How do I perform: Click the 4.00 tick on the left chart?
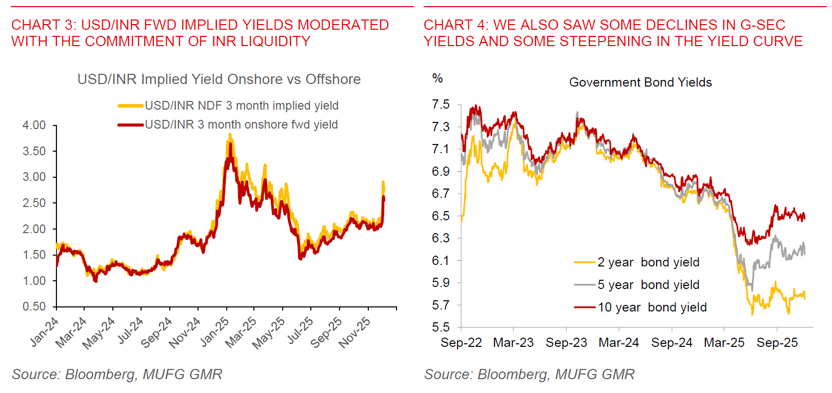[34, 125]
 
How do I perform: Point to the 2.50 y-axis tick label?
[34, 203]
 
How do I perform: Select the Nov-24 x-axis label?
[185, 333]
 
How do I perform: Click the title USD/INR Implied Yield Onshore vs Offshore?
[219, 79]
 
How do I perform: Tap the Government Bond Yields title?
[640, 82]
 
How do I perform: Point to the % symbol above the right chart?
[438, 78]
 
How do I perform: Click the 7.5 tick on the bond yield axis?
[441, 105]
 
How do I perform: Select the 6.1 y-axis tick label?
[441, 260]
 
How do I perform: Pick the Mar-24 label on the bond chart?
[619, 343]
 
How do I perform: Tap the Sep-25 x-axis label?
[777, 343]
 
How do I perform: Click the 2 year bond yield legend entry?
[648, 262]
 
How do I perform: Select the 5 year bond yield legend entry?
[648, 285]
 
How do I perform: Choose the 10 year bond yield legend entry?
[651, 307]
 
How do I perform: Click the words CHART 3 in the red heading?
[43, 25]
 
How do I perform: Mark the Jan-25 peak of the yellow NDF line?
[230, 134]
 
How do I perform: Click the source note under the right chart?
[529, 375]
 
